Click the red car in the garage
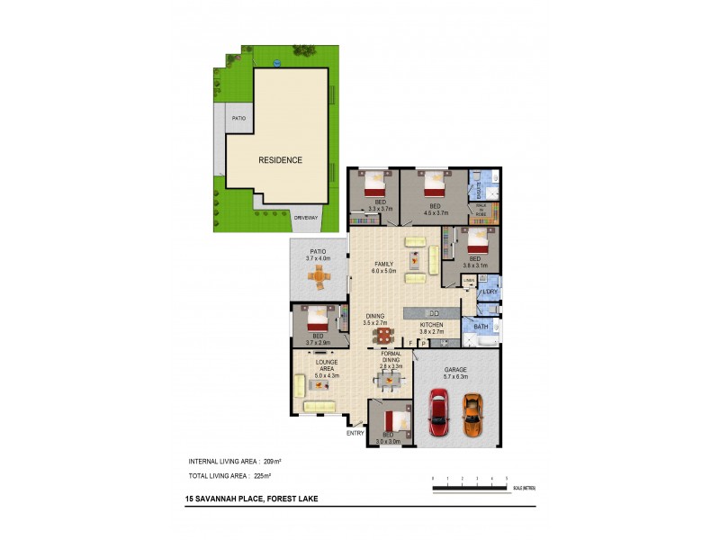tap(438, 412)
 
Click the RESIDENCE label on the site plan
tap(280, 160)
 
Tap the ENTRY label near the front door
tap(355, 433)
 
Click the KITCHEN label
tap(432, 324)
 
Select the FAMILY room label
tap(385, 264)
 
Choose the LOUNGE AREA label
tap(325, 364)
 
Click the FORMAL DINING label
tap(391, 357)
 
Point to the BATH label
tap(481, 327)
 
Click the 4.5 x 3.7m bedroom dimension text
tap(436, 213)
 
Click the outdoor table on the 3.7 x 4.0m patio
tap(318, 279)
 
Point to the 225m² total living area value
tap(262, 474)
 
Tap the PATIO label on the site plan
tap(238, 118)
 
